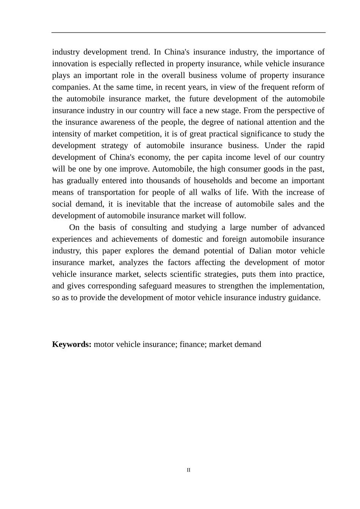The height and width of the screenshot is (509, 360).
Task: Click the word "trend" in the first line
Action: [140, 52]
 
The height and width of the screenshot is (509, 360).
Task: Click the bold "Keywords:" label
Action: [72, 345]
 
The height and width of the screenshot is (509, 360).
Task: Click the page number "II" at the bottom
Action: [188, 470]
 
